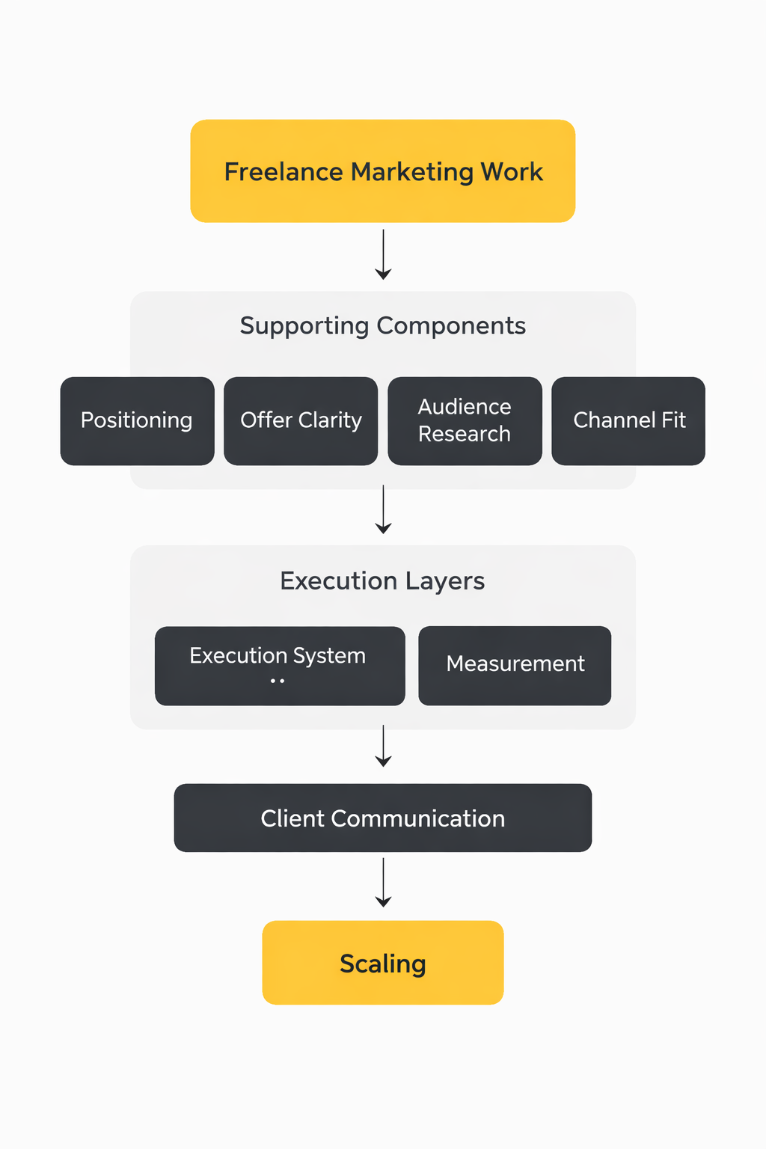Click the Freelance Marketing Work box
382,171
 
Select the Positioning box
137,420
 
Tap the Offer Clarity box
301,420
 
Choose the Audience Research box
465,420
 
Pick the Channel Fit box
628,420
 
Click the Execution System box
280,665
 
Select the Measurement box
515,665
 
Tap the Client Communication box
382,818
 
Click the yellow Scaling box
382,962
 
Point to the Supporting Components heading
382,326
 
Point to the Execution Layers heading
382,581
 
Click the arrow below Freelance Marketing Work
383,255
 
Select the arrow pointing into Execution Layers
383,509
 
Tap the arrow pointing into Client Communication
383,746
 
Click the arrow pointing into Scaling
383,883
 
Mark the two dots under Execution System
278,681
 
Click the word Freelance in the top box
284,172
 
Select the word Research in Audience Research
465,434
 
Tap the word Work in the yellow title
512,172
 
